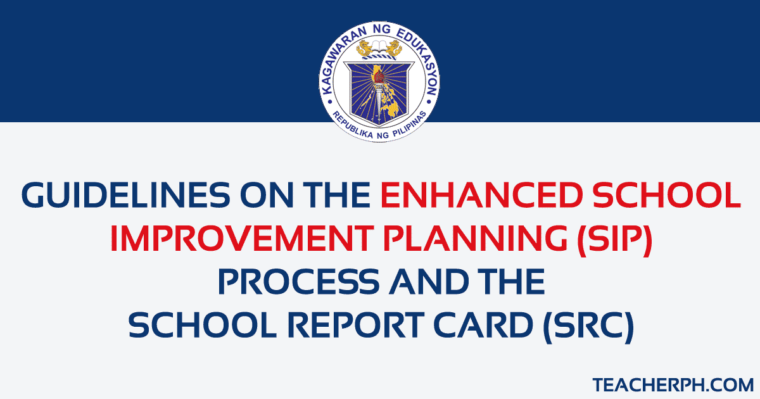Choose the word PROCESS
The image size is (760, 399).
click(299, 282)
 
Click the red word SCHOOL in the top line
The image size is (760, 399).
click(682, 196)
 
